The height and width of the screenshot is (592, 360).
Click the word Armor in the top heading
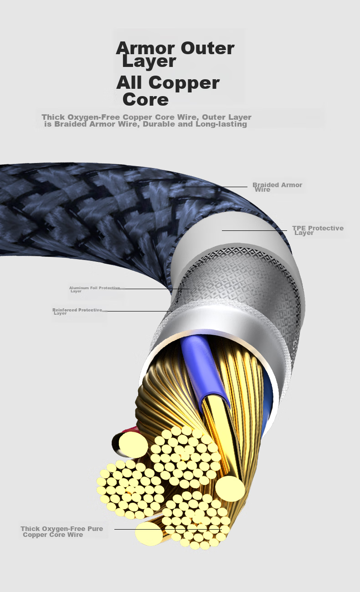(x=145, y=48)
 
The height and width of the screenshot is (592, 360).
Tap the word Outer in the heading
(x=208, y=48)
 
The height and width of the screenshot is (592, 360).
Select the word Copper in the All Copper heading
(x=184, y=84)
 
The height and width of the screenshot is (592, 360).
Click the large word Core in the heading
(x=145, y=99)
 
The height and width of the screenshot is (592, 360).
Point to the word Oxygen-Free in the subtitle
(x=94, y=117)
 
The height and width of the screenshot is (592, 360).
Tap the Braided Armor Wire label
(x=277, y=187)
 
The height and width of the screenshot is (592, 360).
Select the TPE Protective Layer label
(x=318, y=230)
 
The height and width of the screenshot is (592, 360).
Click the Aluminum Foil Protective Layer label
(x=95, y=289)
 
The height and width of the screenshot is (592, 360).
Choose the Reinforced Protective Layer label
(x=77, y=311)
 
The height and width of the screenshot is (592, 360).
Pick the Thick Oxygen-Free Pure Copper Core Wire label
(x=62, y=531)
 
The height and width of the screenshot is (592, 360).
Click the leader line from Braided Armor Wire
(x=215, y=187)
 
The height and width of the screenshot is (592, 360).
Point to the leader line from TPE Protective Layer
(x=254, y=230)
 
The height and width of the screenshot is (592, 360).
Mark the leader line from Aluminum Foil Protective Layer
(x=157, y=289)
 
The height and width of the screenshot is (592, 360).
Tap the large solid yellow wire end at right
(x=230, y=488)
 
